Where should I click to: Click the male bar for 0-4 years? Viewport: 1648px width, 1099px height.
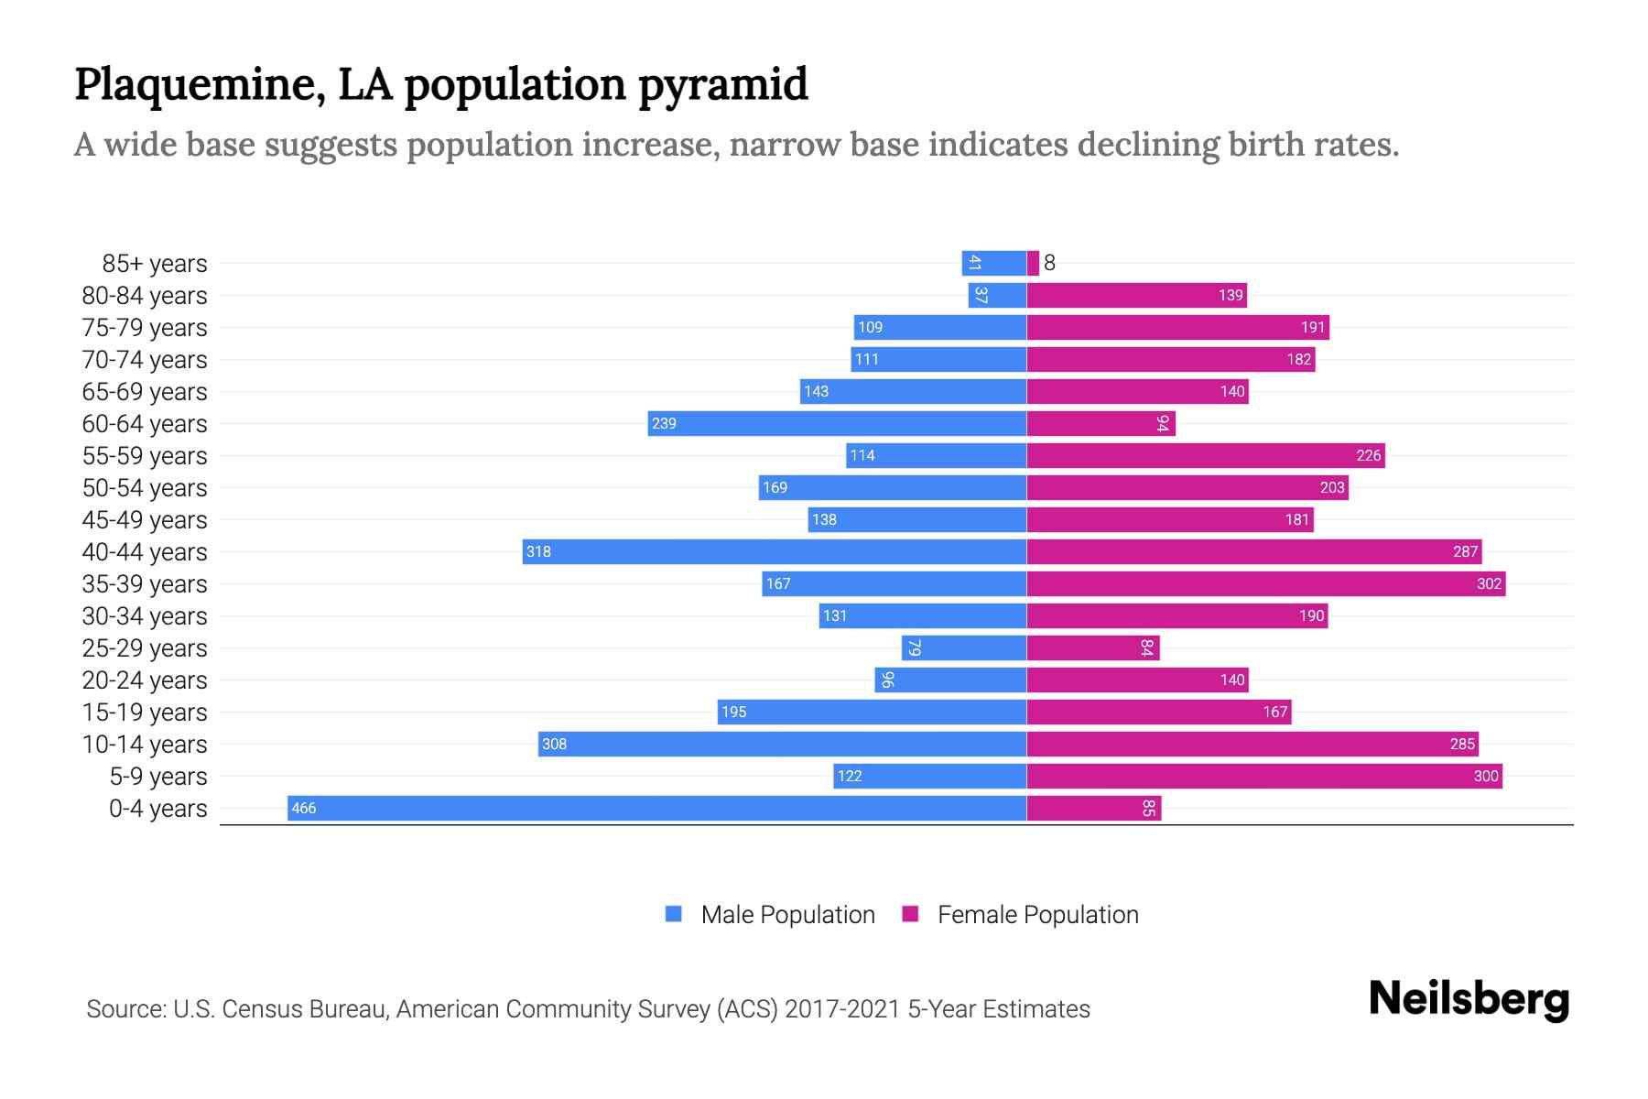(x=656, y=808)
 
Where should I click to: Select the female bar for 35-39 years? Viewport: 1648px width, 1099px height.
(x=1265, y=583)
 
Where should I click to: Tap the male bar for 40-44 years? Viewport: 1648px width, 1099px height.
(x=774, y=551)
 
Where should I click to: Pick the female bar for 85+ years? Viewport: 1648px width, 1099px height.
(x=1033, y=263)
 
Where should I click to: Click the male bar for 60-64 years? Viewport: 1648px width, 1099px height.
(x=837, y=423)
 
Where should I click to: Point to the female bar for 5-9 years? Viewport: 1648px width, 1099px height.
(x=1263, y=776)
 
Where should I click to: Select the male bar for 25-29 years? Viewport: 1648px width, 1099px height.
(x=963, y=647)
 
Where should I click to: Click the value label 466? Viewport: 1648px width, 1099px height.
(x=303, y=808)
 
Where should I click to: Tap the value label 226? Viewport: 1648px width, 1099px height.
(x=1368, y=455)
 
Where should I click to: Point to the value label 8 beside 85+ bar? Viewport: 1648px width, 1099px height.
(x=1049, y=263)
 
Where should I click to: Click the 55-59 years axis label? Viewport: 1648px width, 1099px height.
(x=145, y=455)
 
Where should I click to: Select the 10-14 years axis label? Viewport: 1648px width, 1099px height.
(x=145, y=744)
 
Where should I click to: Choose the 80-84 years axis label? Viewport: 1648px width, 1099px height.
(x=145, y=295)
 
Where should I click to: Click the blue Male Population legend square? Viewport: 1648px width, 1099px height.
(x=674, y=914)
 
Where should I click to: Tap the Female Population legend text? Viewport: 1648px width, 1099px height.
(x=1037, y=914)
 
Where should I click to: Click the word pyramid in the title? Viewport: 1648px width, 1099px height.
(x=722, y=84)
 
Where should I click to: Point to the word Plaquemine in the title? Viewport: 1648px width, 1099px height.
(x=200, y=84)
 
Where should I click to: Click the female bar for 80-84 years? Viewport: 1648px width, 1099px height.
(x=1136, y=295)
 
